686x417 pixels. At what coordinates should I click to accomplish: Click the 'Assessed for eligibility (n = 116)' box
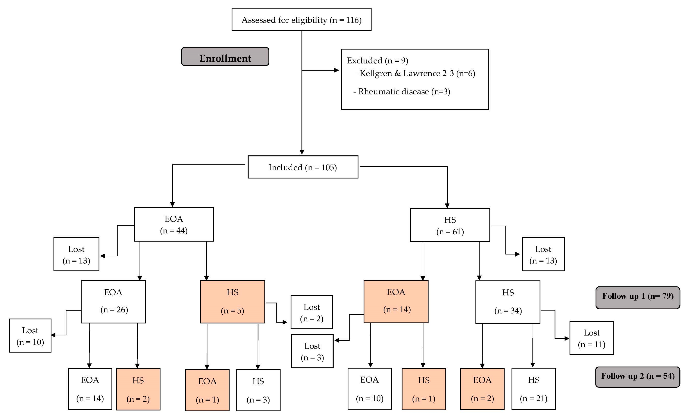(x=301, y=20)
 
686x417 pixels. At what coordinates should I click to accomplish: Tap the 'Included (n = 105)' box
(x=303, y=167)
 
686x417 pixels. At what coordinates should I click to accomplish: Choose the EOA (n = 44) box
(x=174, y=224)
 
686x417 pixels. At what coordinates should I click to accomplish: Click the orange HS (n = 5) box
(x=232, y=301)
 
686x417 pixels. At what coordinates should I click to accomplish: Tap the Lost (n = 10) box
(x=30, y=335)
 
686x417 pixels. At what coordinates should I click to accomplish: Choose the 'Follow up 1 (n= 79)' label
(x=638, y=296)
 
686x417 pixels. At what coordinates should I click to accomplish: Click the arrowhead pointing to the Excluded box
(x=336, y=70)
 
